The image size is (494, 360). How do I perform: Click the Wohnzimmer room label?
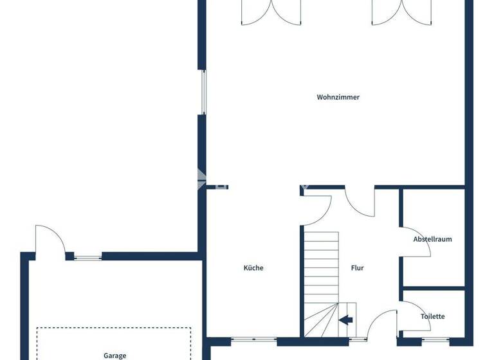[338, 98]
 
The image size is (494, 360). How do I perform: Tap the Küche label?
[253, 268]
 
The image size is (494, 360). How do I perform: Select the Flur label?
[358, 268]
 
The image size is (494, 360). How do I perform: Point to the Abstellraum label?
[432, 239]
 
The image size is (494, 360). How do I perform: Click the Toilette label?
[432, 316]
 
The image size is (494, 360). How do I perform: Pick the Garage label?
[114, 355]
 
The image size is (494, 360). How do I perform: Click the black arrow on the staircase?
[346, 319]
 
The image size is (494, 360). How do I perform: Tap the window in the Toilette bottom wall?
[437, 339]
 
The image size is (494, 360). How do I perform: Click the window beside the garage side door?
[87, 257]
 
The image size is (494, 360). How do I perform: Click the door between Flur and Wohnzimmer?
[359, 203]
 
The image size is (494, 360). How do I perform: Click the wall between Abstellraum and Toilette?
[432, 288]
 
